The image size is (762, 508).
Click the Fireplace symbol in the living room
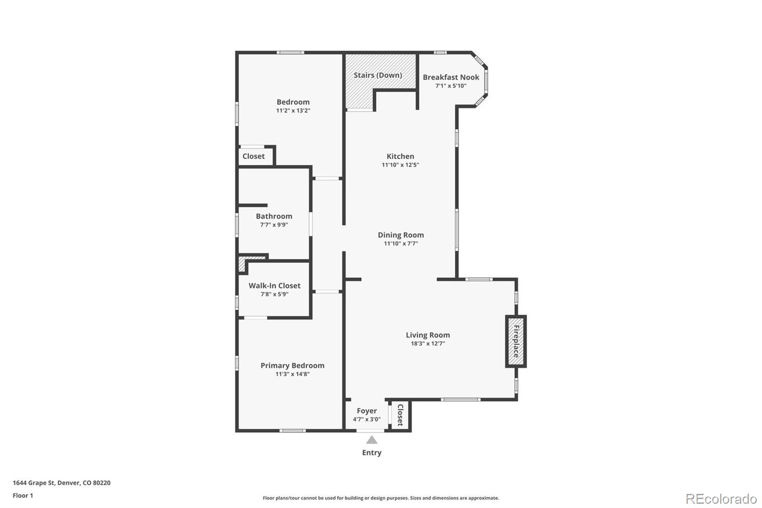(x=516, y=341)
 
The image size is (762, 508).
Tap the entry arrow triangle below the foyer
(x=371, y=440)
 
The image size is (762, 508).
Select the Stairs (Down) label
(x=378, y=75)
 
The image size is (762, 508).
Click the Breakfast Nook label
(x=451, y=77)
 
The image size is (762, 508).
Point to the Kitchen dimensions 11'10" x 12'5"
(x=400, y=165)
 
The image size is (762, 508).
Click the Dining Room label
(x=401, y=235)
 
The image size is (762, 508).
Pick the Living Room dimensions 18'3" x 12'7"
(x=428, y=344)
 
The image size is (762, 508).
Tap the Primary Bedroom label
(x=292, y=366)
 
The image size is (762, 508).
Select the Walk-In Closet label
(x=274, y=285)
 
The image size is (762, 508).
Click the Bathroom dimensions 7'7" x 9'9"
(x=274, y=225)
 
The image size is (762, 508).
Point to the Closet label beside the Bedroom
(x=253, y=156)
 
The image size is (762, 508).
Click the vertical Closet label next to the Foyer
(x=400, y=415)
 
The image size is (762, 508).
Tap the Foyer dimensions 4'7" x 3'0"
(x=367, y=419)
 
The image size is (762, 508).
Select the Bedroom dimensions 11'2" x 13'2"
(x=293, y=111)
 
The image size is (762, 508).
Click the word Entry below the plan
(x=371, y=453)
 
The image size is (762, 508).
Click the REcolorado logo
(x=721, y=499)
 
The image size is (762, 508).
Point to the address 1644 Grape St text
(x=61, y=483)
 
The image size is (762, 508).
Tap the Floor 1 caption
(x=23, y=496)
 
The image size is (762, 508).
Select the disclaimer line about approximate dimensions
(x=381, y=498)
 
